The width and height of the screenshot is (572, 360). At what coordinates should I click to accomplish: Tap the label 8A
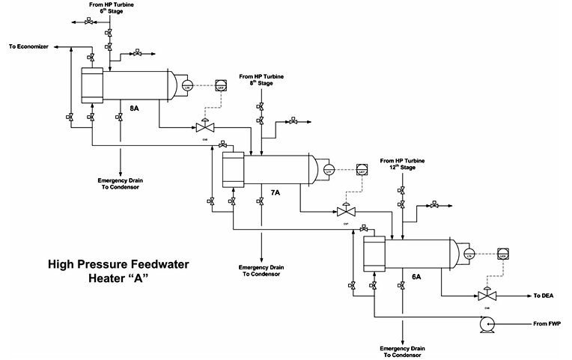(x=134, y=109)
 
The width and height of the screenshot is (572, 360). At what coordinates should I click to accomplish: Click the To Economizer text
(x=28, y=46)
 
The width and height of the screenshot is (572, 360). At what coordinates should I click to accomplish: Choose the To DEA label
(x=544, y=296)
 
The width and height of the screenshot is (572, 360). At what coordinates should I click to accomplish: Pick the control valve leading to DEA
(x=487, y=296)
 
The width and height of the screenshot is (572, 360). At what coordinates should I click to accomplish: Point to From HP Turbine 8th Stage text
(x=261, y=80)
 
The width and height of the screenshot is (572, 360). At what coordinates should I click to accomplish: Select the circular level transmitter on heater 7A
(x=328, y=171)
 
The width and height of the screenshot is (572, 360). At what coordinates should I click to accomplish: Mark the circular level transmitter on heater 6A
(x=469, y=255)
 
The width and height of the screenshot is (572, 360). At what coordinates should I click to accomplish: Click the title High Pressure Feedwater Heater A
(x=118, y=270)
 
